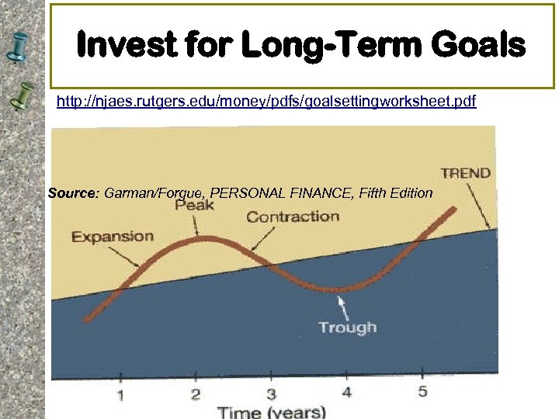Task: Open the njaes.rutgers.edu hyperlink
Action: coord(266,102)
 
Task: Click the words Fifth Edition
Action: coord(396,192)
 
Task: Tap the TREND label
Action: coord(465,172)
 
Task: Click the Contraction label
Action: coord(293,216)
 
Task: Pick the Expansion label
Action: coord(113,236)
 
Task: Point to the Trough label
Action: coord(347,327)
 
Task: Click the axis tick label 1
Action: coord(120,396)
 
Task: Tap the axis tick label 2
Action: coord(196,394)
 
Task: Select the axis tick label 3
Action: coord(271,393)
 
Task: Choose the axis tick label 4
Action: coord(346,392)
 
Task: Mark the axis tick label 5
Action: coord(422,391)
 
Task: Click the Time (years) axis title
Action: coord(271,411)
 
